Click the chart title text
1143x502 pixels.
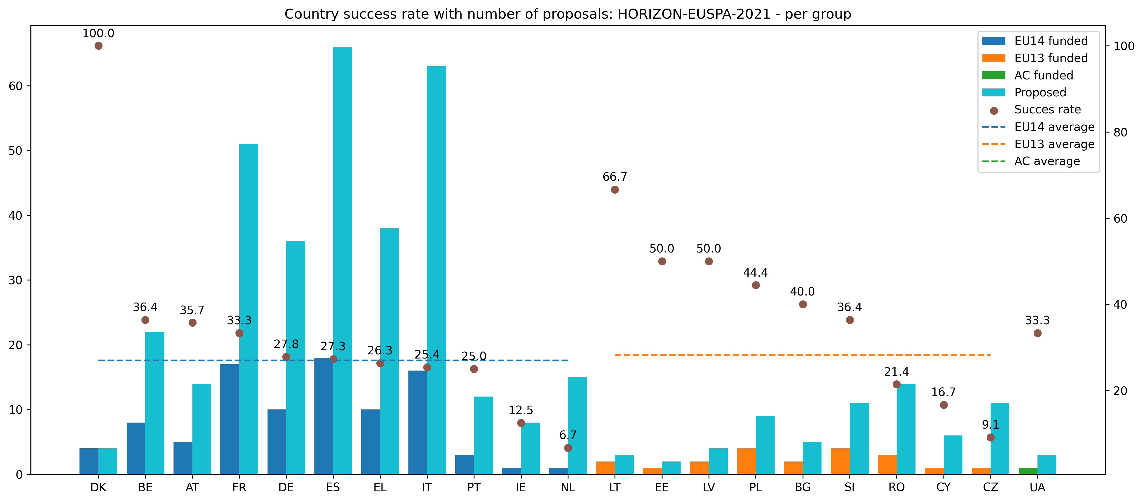[x=567, y=14]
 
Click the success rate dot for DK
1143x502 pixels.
[x=98, y=46]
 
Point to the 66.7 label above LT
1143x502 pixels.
[x=615, y=177]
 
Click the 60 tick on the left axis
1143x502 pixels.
[x=16, y=86]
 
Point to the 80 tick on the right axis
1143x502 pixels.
[x=1120, y=132]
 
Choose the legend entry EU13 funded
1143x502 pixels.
[x=1051, y=58]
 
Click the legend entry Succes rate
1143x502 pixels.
[x=1047, y=110]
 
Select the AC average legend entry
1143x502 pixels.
[x=1047, y=161]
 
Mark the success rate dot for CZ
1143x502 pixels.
[x=990, y=437]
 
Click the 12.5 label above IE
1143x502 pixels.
[x=521, y=410]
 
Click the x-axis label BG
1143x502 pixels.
[x=802, y=487]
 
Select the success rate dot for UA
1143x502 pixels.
[x=1037, y=333]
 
